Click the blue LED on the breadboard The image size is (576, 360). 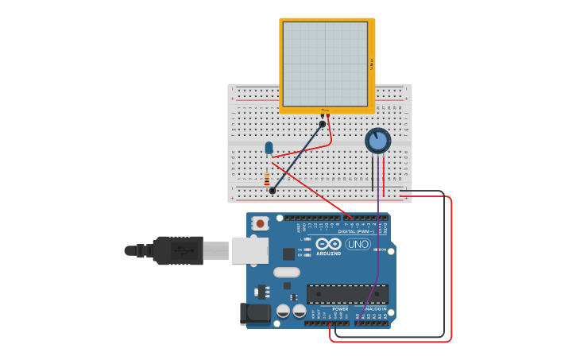269,148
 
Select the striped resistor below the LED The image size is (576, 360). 267,179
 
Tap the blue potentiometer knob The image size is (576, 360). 378,141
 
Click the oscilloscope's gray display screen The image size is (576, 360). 326,64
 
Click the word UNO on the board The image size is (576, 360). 358,244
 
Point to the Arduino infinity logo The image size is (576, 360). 328,244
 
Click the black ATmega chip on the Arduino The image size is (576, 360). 347,293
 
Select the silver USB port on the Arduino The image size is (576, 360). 249,250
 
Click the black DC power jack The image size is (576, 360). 253,313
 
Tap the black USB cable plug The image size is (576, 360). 178,250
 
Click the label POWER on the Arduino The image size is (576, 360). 329,309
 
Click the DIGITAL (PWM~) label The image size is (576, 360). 356,231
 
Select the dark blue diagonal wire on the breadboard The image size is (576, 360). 298,157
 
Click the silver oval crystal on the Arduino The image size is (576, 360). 286,272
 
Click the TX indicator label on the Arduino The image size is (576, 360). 300,250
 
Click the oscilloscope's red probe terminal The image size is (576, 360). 327,116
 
